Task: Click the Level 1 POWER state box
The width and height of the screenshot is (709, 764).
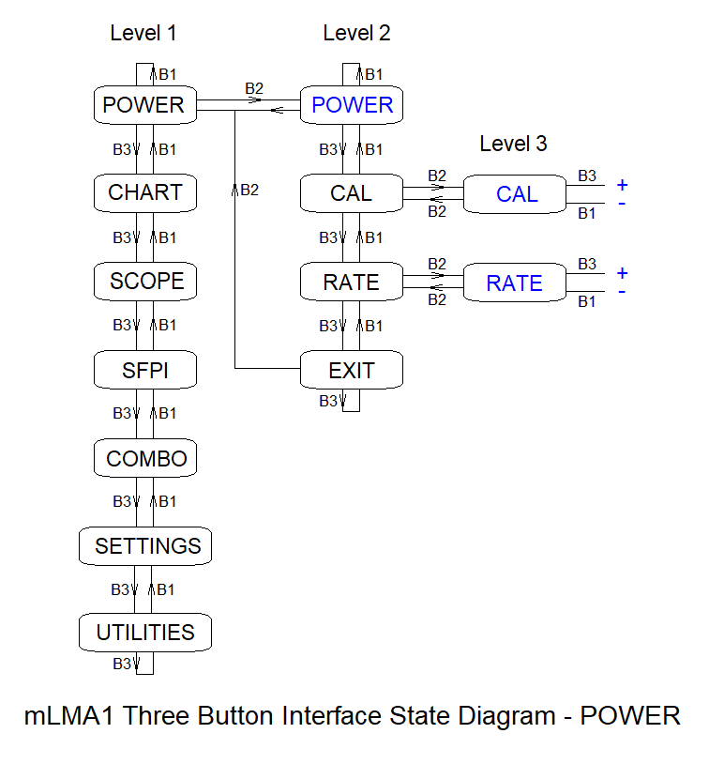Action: (x=144, y=104)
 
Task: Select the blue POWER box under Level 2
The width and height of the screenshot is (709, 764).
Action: (x=352, y=104)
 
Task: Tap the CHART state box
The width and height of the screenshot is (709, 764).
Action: (x=144, y=192)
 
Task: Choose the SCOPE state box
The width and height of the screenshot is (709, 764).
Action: (x=145, y=281)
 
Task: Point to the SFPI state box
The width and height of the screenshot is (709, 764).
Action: (x=144, y=370)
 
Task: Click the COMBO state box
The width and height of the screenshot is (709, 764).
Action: (x=145, y=459)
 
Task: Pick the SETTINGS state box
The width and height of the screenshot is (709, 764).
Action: (x=146, y=545)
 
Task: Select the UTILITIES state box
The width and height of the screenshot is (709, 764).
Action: (x=145, y=633)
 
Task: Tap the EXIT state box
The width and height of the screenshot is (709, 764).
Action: (x=352, y=370)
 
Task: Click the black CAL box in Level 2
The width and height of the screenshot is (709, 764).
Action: (x=352, y=193)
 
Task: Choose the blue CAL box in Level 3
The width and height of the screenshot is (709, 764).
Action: (x=516, y=194)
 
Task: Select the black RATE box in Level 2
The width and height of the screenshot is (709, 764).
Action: (x=352, y=282)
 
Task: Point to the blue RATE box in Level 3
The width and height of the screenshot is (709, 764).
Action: (x=515, y=283)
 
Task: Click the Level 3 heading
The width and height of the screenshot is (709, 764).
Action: (x=513, y=144)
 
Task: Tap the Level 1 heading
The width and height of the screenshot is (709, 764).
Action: (x=143, y=33)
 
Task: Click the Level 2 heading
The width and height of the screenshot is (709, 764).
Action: (x=356, y=33)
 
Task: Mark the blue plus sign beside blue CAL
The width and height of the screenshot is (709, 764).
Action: (x=622, y=185)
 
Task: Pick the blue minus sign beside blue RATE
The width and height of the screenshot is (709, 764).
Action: (x=622, y=292)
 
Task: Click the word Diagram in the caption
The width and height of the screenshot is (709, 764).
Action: (x=506, y=716)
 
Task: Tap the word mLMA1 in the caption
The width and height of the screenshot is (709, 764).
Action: (x=69, y=716)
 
